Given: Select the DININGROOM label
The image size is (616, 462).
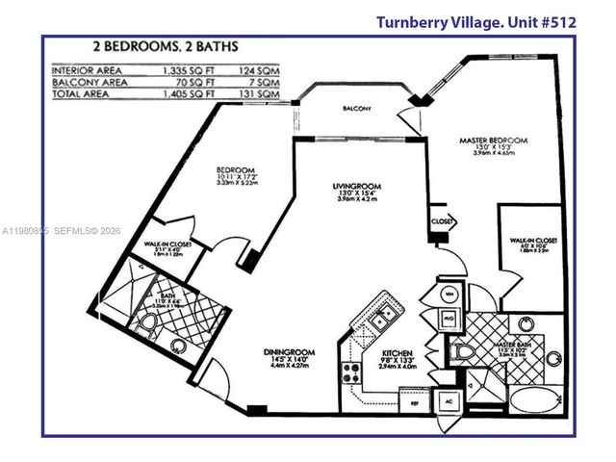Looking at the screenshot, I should [x=289, y=352].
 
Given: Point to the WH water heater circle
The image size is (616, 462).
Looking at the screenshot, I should [x=450, y=293].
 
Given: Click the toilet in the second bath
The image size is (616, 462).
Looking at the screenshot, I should [x=147, y=324].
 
